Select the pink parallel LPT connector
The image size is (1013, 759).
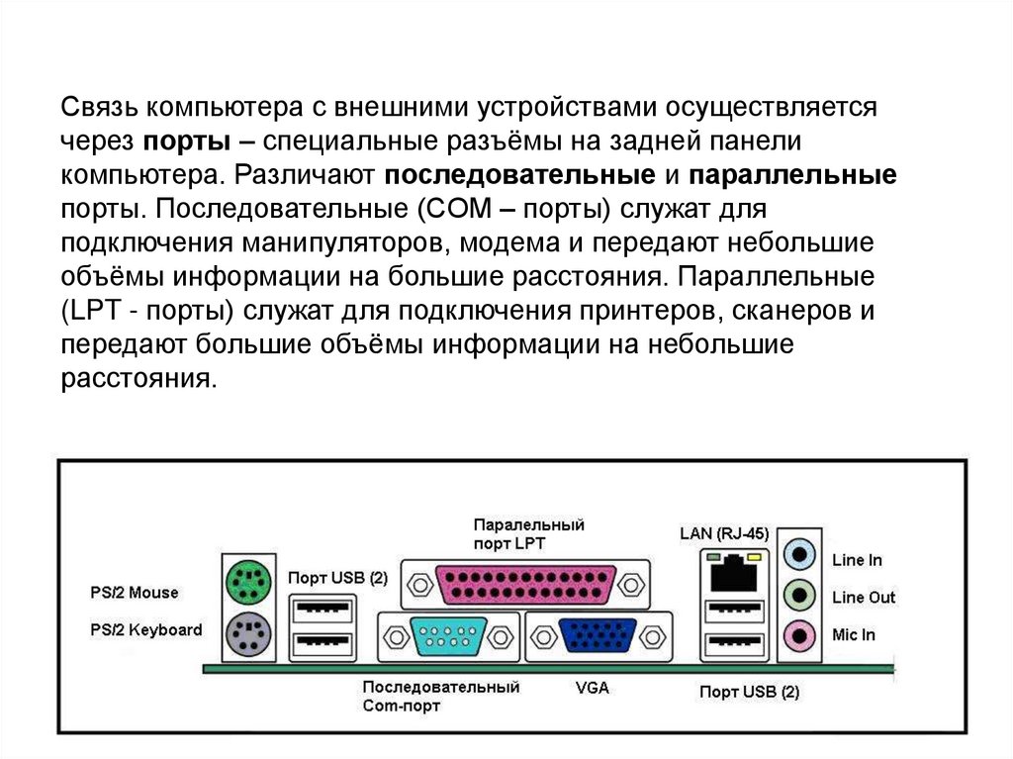525,583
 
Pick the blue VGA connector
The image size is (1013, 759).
599,634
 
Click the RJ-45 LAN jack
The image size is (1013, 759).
734,572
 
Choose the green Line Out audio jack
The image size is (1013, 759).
800,596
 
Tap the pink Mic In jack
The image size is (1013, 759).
800,633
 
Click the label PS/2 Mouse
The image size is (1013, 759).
134,593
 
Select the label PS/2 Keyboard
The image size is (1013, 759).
145,629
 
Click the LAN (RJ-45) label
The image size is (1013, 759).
724,533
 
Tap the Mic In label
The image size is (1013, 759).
853,634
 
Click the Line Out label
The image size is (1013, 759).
863,597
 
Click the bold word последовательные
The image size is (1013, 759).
515,175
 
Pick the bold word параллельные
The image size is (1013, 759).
791,175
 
